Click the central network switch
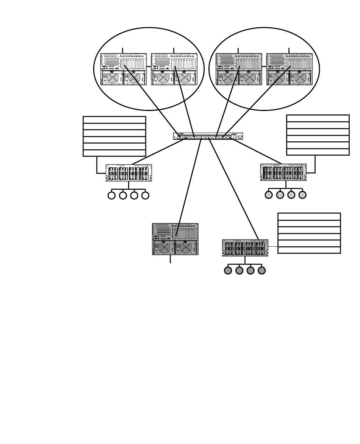(208, 136)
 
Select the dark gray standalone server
(175, 239)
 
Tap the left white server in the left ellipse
(124, 69)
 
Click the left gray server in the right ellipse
(239, 69)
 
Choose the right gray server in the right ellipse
(290, 69)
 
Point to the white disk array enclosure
(129, 173)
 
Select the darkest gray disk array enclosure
(245, 248)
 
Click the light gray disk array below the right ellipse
(283, 172)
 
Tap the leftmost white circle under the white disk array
(111, 195)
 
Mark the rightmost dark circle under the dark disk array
(261, 270)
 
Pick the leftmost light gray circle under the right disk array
(269, 195)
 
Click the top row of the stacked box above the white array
(114, 120)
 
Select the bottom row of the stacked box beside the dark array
(309, 250)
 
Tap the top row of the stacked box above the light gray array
(318, 118)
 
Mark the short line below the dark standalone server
(170, 259)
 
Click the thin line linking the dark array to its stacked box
(273, 247)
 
